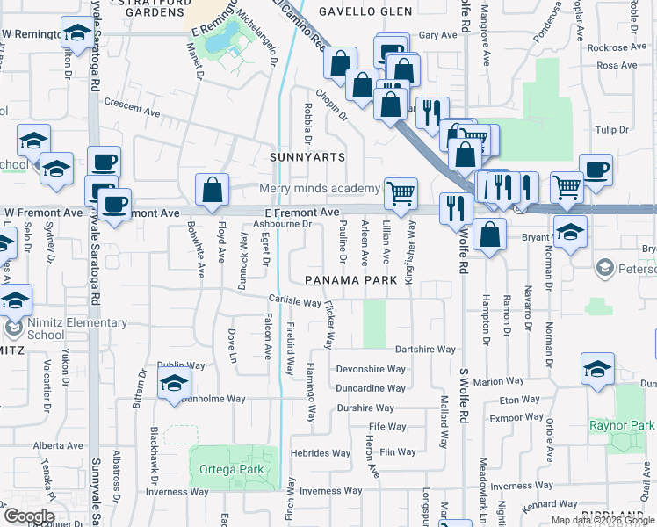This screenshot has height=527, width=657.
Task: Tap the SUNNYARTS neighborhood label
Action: [x=307, y=156]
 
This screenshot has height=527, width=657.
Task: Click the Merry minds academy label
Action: [x=320, y=189]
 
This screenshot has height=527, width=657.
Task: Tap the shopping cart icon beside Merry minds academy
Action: [x=401, y=192]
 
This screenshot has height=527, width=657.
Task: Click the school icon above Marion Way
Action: [x=597, y=368]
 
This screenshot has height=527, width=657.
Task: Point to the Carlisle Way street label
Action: [x=293, y=302]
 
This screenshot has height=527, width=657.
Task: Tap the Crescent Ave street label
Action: [x=132, y=113]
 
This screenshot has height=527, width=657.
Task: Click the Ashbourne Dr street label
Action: [x=283, y=224]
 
